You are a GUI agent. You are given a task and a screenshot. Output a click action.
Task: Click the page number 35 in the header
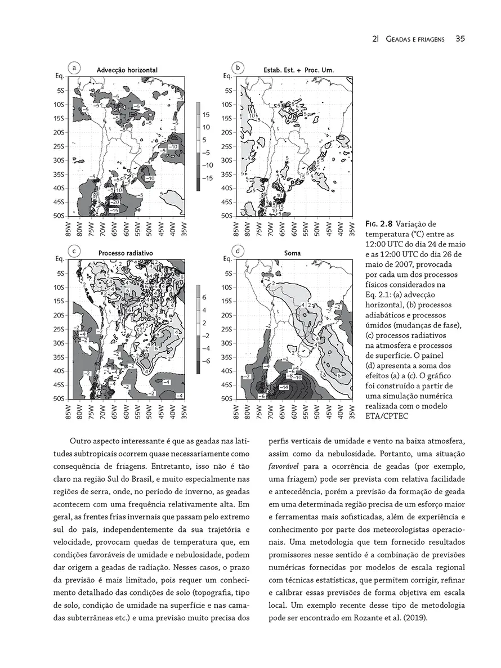459,39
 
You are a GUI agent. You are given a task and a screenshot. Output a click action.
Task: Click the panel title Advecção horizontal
127,70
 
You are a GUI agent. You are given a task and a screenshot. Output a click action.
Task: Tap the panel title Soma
292,253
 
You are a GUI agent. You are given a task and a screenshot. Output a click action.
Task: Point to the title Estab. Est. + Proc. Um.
298,70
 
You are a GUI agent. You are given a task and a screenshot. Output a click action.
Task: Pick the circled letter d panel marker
239,250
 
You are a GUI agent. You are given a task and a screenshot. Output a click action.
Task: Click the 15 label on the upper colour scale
206,114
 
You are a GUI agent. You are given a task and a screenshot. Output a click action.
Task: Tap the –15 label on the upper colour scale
207,178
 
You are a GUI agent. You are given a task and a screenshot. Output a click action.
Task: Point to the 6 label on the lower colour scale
205,297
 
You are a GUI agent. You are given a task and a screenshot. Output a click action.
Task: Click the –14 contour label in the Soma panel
284,387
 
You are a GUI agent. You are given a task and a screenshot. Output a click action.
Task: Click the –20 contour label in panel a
114,201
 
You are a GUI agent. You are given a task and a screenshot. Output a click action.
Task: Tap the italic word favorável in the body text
284,467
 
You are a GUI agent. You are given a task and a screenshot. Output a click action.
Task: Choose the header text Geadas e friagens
413,39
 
